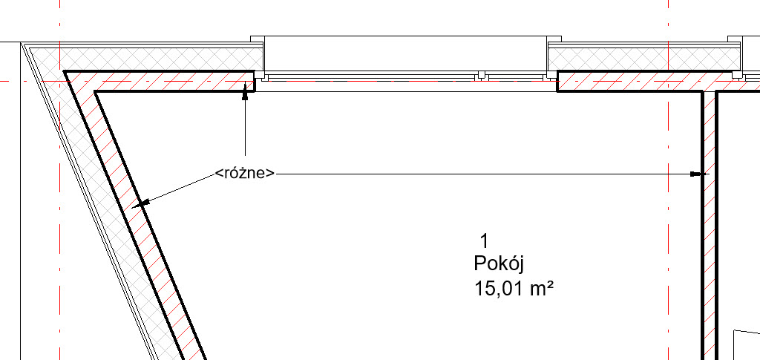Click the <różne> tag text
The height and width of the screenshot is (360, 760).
pyautogui.click(x=245, y=173)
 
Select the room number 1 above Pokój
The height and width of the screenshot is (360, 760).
pyautogui.click(x=484, y=240)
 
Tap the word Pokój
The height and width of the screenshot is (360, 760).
pyautogui.click(x=499, y=264)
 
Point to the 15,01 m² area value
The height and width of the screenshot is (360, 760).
pyautogui.click(x=514, y=289)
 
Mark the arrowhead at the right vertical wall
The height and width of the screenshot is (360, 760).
pyautogui.click(x=696, y=174)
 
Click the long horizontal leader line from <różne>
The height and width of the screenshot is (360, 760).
pyautogui.click(x=483, y=174)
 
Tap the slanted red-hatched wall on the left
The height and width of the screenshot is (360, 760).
pyautogui.click(x=136, y=215)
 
